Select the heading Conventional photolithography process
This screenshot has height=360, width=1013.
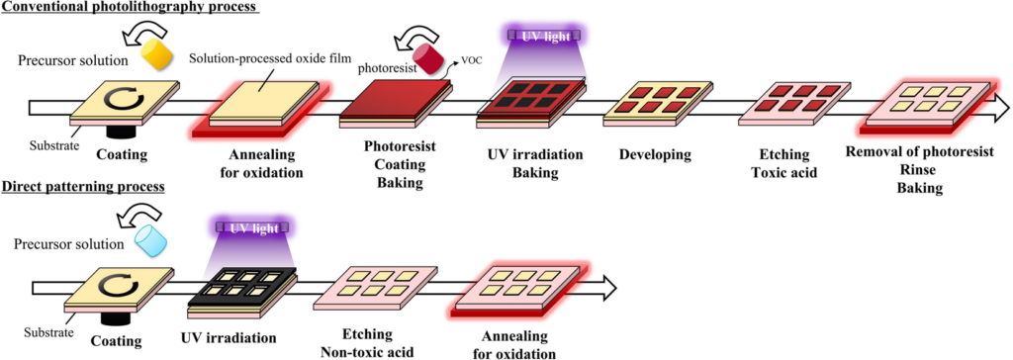tap(129, 8)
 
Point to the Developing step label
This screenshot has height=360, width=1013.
tap(654, 155)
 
